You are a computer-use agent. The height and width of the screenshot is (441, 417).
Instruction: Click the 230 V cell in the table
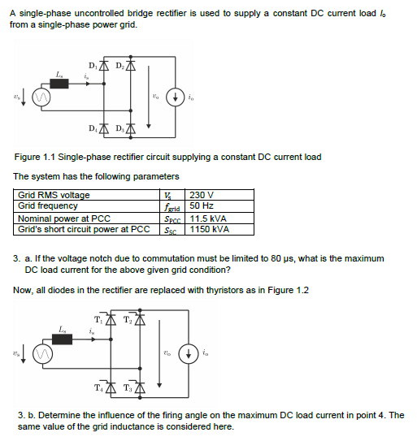tap(201, 196)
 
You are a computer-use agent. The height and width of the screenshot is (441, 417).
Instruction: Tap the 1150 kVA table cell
tap(209, 230)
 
